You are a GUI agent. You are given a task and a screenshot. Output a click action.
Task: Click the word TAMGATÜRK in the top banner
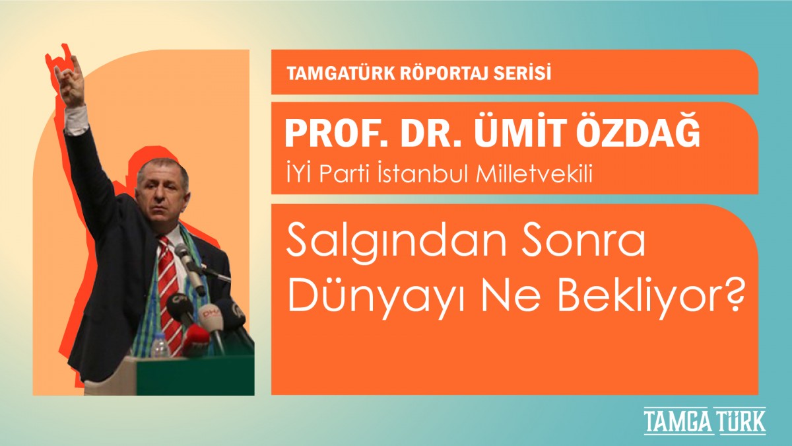(341, 73)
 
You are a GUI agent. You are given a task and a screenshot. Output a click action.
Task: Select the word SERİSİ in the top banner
(521, 73)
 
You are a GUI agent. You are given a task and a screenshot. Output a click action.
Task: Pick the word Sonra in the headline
(582, 244)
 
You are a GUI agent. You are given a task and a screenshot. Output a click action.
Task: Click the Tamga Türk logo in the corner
(705, 421)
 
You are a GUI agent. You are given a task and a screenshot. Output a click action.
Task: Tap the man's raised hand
(71, 81)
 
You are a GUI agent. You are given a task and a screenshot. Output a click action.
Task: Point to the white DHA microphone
(211, 320)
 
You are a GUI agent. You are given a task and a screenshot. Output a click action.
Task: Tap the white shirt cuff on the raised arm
(76, 121)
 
